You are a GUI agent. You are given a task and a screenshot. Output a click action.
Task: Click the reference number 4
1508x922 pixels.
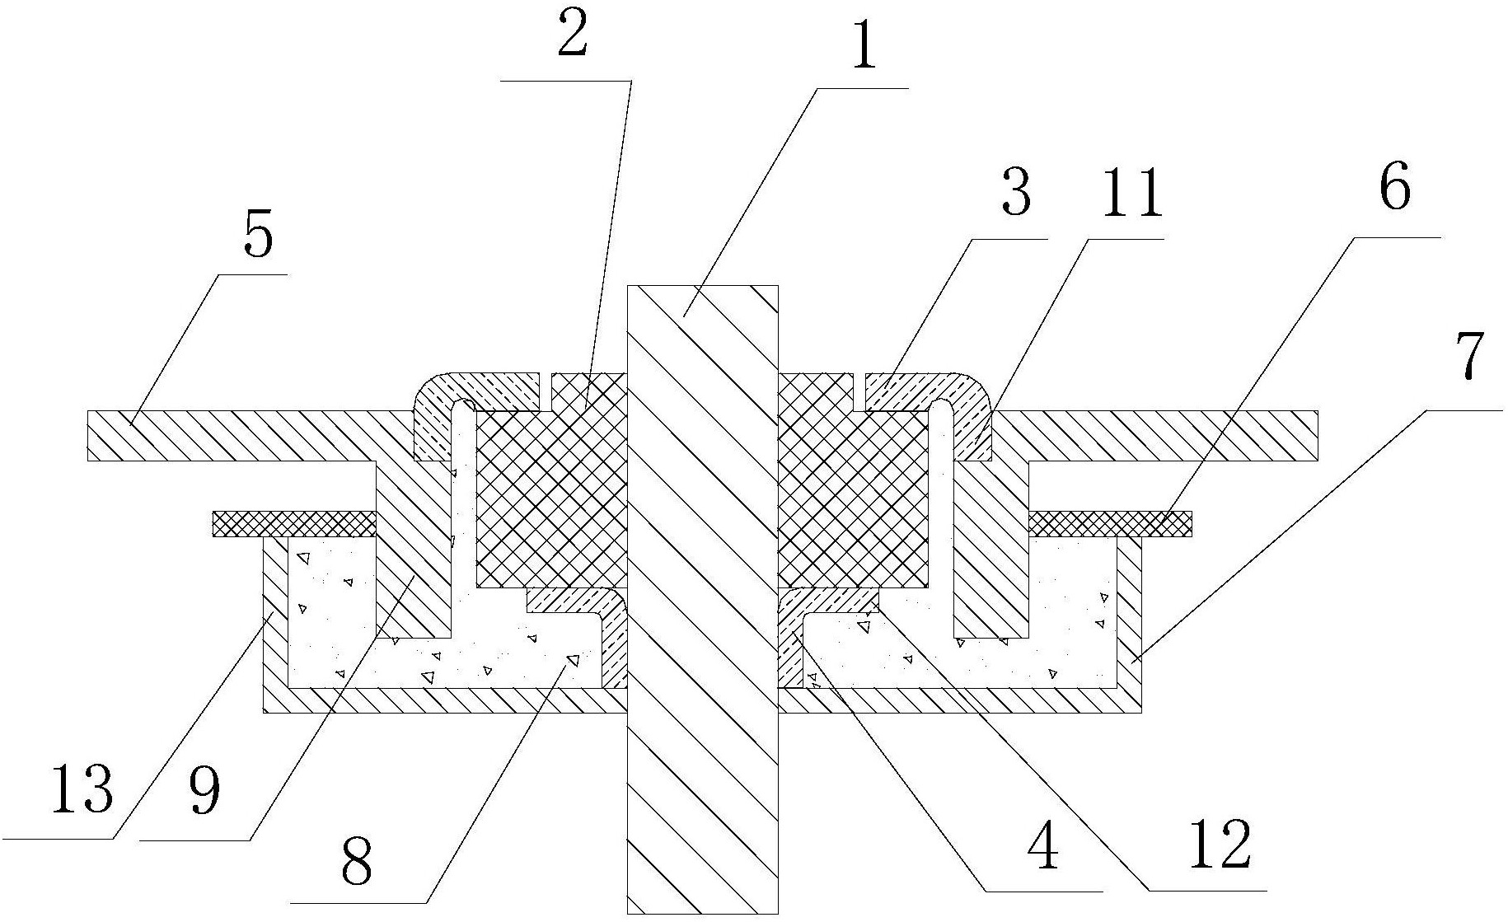tap(1043, 849)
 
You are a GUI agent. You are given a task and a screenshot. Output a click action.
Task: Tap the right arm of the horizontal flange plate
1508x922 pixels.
tap(1170, 435)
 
